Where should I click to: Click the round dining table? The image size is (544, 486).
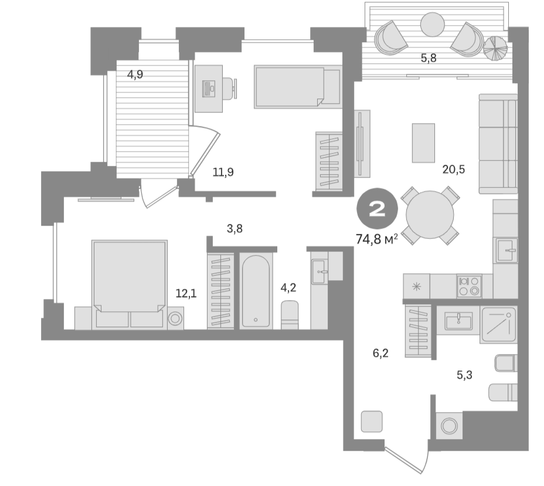point(430,214)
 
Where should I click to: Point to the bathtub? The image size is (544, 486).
point(256,291)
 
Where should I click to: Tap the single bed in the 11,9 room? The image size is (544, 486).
point(297,87)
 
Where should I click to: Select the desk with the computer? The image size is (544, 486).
point(209,88)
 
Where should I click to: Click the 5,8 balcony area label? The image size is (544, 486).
point(428,57)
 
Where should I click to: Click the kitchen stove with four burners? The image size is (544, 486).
point(469,286)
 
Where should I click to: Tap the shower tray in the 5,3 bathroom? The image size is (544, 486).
point(498,324)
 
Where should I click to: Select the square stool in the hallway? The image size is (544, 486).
point(372,422)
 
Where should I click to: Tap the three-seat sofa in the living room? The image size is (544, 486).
point(498,144)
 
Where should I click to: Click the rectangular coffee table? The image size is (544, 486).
point(423,142)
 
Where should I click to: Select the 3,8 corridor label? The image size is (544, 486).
point(234,229)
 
